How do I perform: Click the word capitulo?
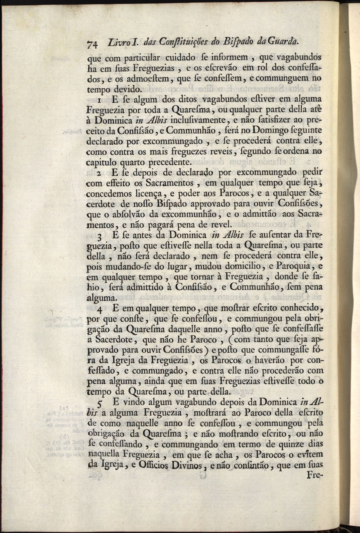101,162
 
